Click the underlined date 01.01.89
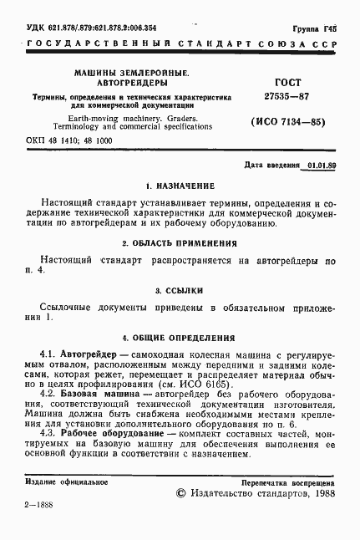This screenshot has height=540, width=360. tap(321, 166)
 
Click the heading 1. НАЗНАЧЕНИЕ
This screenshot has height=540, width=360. tap(180, 185)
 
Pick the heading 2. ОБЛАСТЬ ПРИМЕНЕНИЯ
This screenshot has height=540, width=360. tap(180, 243)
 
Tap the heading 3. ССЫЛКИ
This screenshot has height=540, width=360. tap(180, 290)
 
